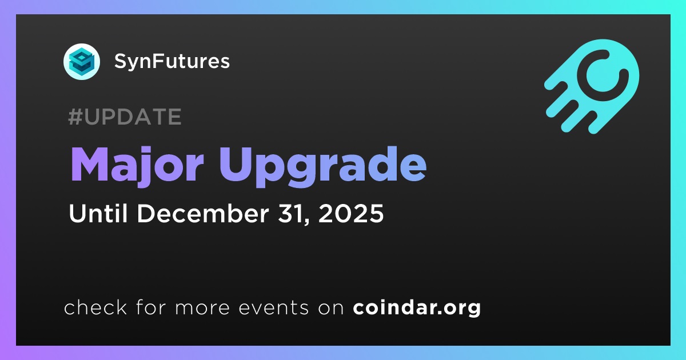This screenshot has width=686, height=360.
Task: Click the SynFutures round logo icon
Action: pyautogui.click(x=82, y=62)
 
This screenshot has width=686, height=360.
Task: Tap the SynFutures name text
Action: pyautogui.click(x=172, y=61)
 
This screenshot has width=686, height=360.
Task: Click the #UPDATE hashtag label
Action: pyautogui.click(x=125, y=117)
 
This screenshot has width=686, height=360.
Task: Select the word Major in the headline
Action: pyautogui.click(x=137, y=165)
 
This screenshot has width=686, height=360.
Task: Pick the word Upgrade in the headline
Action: pyautogui.click(x=322, y=166)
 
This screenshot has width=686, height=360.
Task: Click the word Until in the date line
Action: pyautogui.click(x=98, y=213)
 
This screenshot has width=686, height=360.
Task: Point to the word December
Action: pyautogui.click(x=203, y=213)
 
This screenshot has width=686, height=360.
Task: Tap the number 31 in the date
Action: pyautogui.click(x=290, y=213)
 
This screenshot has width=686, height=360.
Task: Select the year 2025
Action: pyautogui.click(x=351, y=213)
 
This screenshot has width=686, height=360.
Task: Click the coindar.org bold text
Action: pyautogui.click(x=417, y=307)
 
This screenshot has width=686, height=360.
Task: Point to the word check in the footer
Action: pyautogui.click(x=95, y=307)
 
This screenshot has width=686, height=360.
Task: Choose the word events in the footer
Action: pyautogui.click(x=273, y=308)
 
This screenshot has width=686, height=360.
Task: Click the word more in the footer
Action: pyautogui.click(x=202, y=308)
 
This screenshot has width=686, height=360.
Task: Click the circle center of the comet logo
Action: pyautogui.click(x=603, y=75)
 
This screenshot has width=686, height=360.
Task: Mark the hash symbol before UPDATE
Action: pyautogui.click(x=75, y=117)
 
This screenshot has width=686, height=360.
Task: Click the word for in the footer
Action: pyautogui.click(x=151, y=307)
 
